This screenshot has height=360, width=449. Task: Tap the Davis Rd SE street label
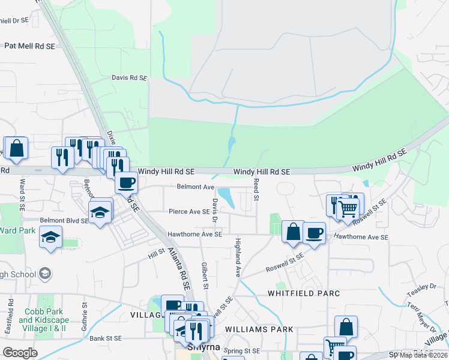click(129, 77)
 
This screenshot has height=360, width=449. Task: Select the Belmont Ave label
click(195, 187)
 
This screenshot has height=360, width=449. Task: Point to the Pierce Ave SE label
click(189, 211)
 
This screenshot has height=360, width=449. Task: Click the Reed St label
click(256, 189)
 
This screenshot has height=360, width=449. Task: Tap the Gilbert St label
click(205, 275)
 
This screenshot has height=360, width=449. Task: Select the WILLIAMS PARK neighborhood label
click(259, 329)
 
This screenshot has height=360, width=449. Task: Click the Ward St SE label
click(22, 193)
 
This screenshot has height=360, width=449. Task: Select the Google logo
click(20, 352)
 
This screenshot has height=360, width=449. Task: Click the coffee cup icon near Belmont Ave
click(126, 182)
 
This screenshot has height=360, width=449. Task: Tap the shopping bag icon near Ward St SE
click(17, 148)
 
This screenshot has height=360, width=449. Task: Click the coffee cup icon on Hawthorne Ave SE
click(314, 233)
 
